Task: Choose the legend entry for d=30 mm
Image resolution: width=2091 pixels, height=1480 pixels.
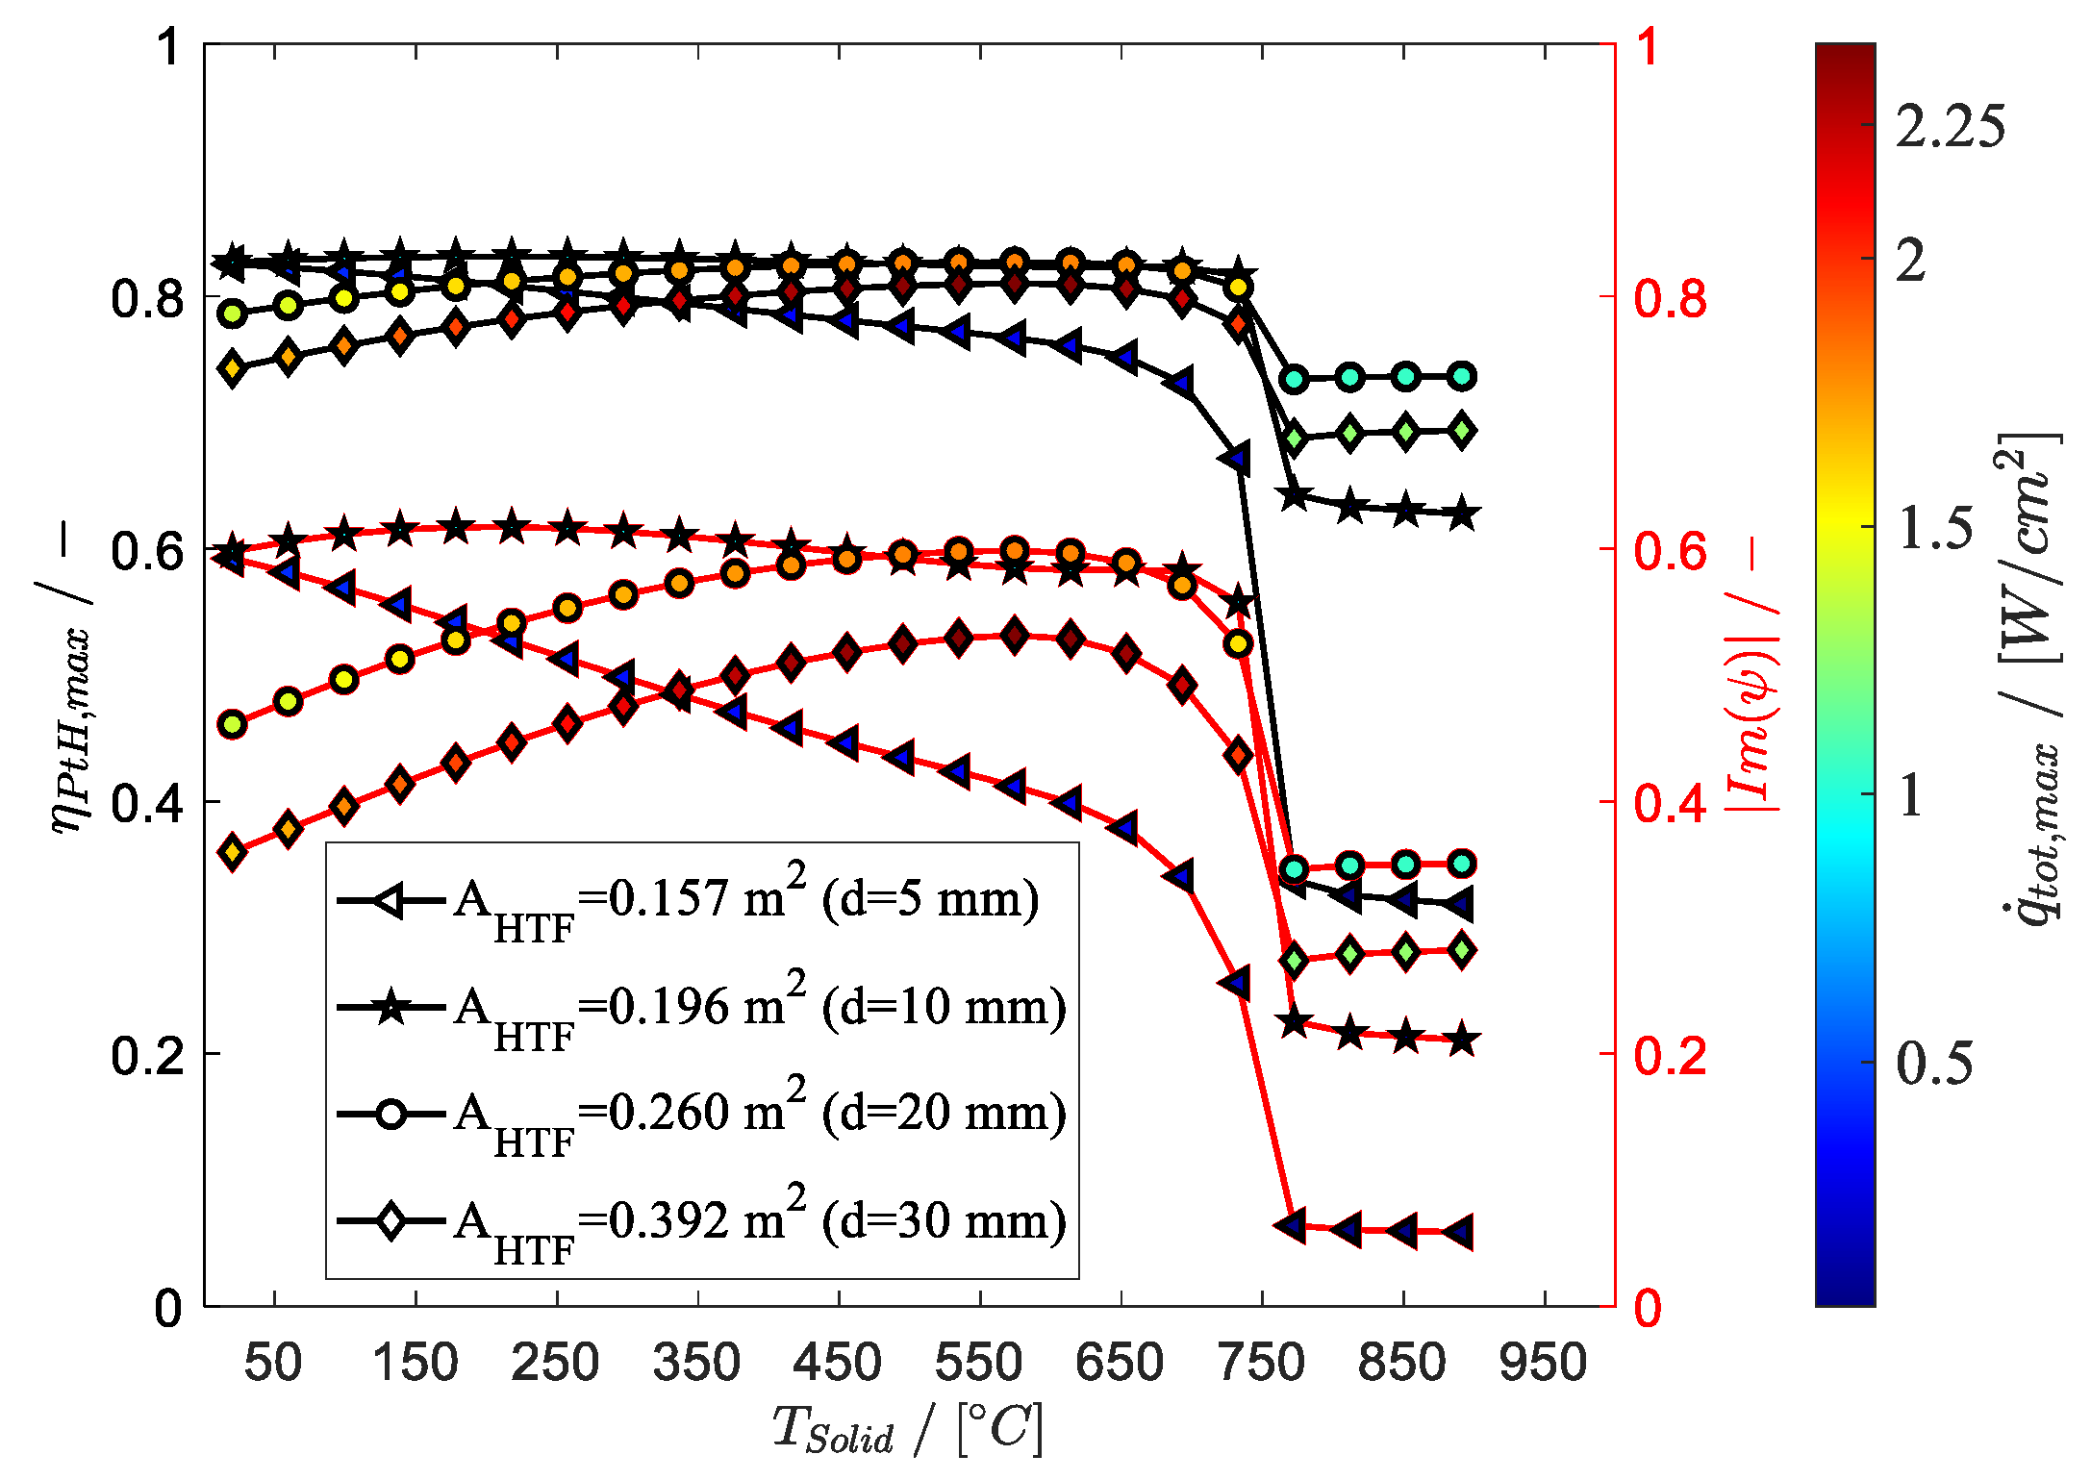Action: point(702,1222)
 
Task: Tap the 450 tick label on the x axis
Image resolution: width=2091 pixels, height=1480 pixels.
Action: point(837,1363)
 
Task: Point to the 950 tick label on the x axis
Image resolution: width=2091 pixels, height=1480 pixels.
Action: point(1543,1363)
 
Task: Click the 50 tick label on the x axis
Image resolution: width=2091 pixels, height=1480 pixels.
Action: point(273,1363)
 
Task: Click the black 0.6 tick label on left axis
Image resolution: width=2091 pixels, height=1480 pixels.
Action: point(146,550)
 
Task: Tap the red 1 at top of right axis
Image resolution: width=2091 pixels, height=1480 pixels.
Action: point(1648,46)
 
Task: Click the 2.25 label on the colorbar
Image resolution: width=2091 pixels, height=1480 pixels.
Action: point(1950,126)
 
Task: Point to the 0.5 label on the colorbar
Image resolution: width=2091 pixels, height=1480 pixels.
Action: point(1933,1063)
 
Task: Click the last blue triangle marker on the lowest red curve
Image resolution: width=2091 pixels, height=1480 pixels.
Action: point(1460,1232)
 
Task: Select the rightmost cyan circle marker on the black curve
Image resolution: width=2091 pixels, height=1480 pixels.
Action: point(1462,376)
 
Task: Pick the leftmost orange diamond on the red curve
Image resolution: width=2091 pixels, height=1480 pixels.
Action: point(232,852)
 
